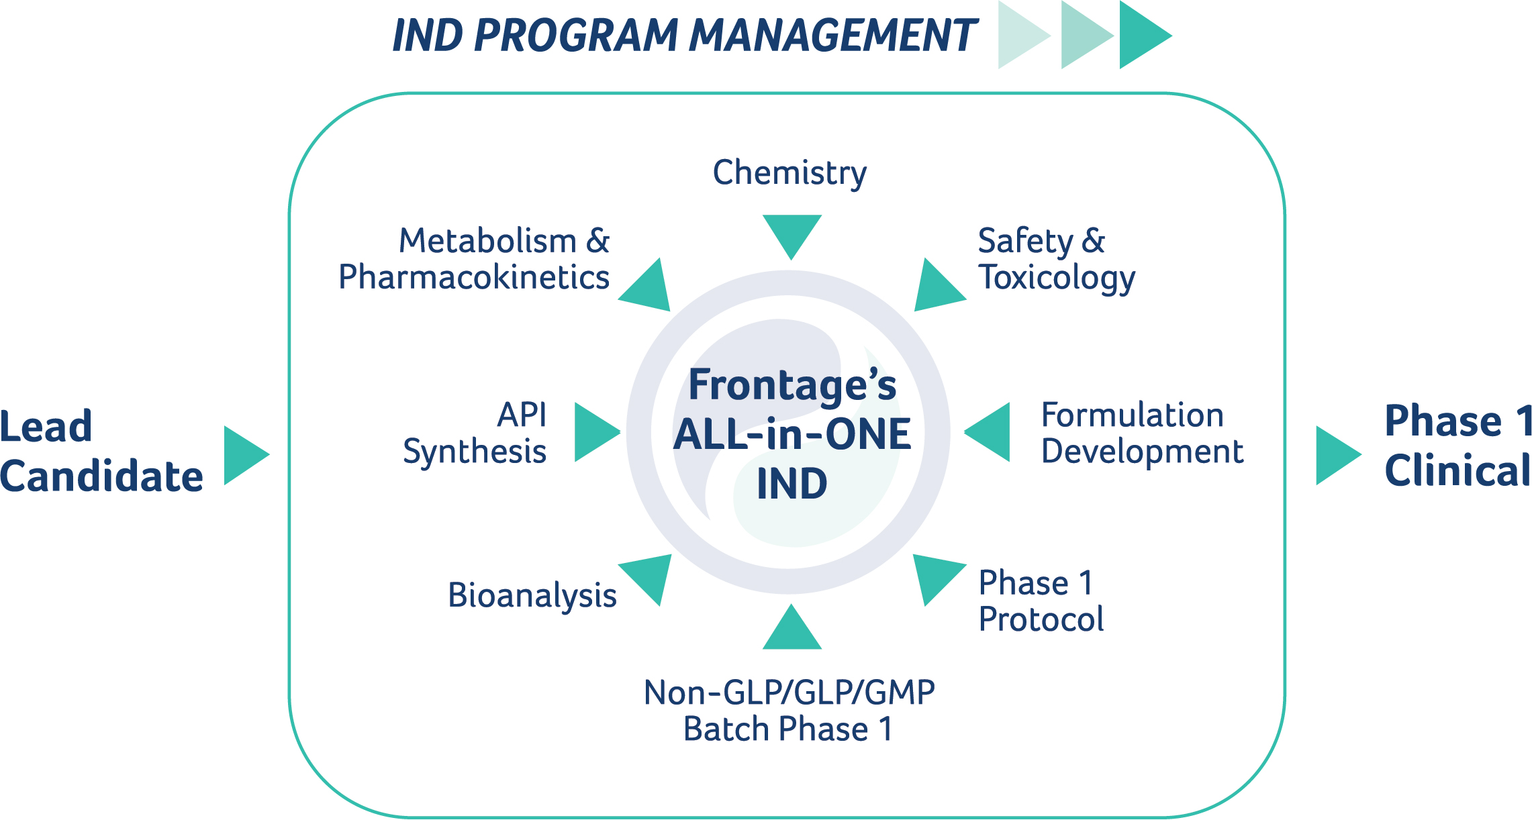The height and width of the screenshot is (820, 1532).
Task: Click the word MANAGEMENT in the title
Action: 833,35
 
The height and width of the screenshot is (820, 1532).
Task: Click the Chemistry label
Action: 789,173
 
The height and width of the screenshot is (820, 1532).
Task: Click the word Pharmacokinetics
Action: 474,277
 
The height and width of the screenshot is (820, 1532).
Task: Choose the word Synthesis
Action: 475,452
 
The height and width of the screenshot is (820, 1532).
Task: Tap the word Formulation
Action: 1133,415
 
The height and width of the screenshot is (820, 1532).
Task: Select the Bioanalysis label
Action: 532,596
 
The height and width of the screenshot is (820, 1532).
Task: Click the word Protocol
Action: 1041,619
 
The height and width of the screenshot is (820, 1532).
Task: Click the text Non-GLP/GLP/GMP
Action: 789,693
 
